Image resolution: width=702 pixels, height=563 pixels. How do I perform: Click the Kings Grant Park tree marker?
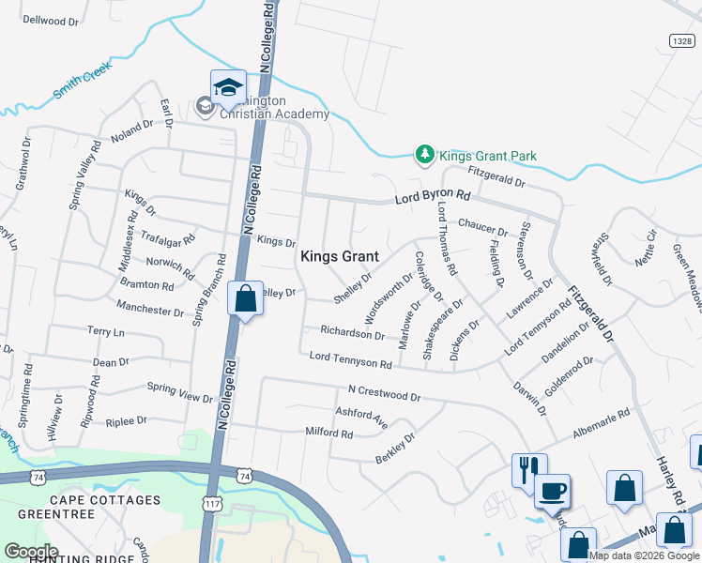[425, 154]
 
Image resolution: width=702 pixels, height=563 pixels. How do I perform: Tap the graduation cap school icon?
[228, 87]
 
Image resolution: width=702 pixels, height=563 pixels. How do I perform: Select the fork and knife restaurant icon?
[528, 467]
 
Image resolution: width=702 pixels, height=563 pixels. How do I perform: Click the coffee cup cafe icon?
[552, 489]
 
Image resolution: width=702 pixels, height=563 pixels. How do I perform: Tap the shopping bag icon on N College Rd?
[245, 299]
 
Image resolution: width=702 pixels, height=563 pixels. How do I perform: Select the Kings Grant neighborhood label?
[339, 256]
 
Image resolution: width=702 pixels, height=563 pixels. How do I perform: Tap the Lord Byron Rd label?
[432, 198]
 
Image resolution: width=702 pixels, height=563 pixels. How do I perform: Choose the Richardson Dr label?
[353, 334]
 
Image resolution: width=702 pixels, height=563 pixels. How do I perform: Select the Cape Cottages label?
[105, 500]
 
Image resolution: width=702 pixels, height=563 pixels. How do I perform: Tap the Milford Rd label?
[328, 434]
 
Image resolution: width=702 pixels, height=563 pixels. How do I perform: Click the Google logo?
[30, 552]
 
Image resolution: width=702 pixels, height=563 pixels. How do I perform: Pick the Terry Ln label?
[105, 332]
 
